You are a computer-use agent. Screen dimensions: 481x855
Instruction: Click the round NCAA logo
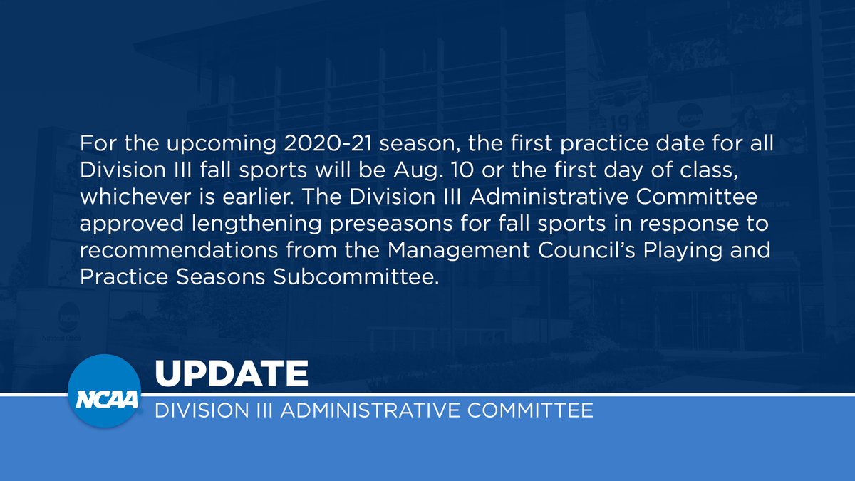pos(103,391)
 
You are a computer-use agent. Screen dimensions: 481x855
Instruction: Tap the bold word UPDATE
pos(231,373)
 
